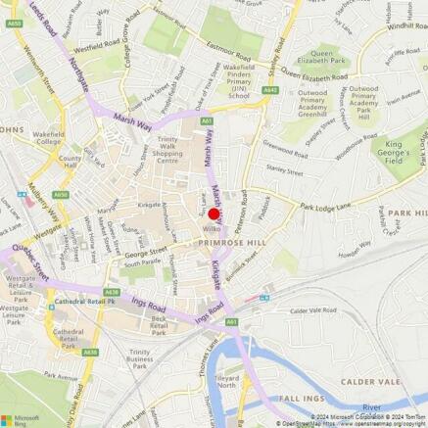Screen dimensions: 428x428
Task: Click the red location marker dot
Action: click(214, 214)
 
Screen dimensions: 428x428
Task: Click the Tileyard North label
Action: click(226, 381)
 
